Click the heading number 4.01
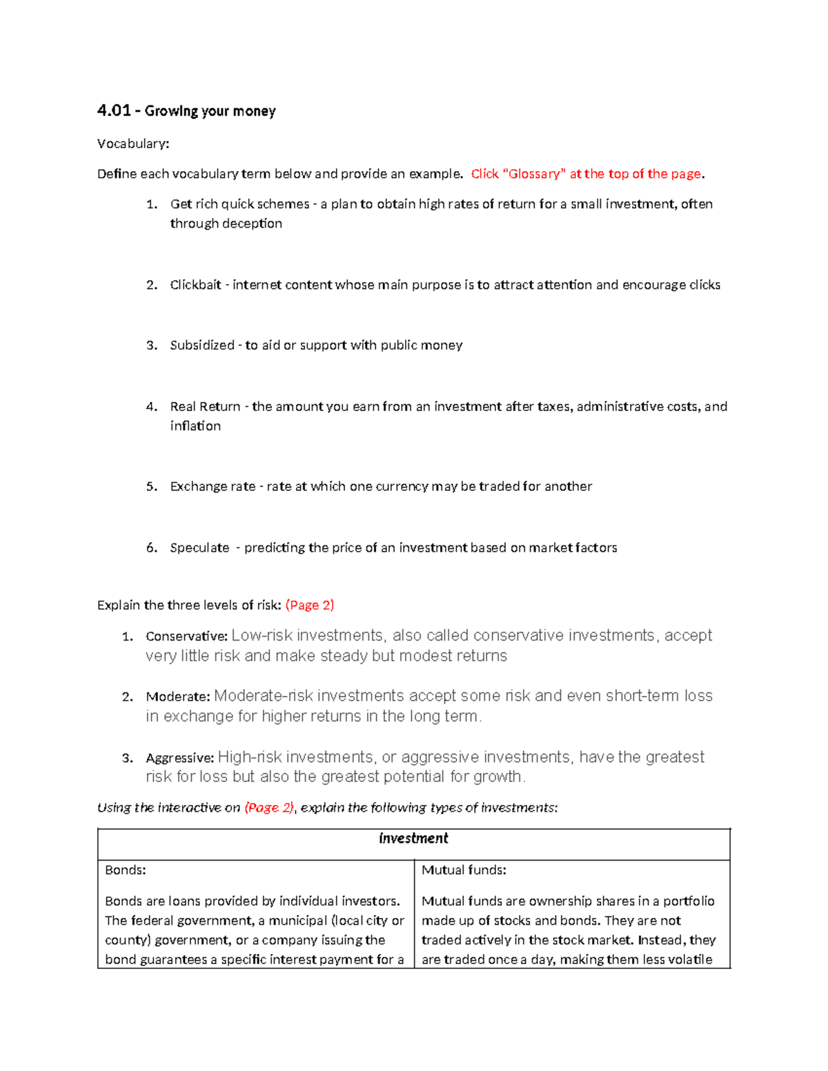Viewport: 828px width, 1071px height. point(114,111)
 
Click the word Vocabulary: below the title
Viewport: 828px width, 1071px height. point(132,143)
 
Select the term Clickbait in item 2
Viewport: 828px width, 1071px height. point(196,285)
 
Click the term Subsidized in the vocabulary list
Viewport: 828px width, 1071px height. point(202,345)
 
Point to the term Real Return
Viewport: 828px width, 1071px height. point(205,406)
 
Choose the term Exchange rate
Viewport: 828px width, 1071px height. point(213,486)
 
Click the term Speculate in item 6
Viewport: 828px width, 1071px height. point(199,548)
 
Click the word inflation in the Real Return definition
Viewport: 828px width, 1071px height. point(195,426)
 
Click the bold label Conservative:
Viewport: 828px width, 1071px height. point(186,636)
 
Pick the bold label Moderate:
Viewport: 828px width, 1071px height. point(177,697)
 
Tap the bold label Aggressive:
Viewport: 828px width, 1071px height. point(180,758)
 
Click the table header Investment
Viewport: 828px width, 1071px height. point(413,838)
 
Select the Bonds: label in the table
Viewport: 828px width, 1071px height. point(125,870)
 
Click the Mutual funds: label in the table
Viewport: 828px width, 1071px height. point(464,870)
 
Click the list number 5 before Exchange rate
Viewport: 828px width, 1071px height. point(151,486)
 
